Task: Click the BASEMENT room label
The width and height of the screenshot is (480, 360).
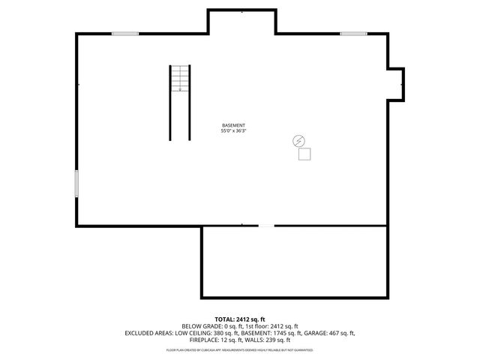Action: pyautogui.click(x=233, y=125)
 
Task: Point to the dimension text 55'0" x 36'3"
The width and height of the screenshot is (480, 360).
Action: pyautogui.click(x=233, y=131)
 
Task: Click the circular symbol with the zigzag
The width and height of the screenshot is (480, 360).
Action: pyautogui.click(x=299, y=140)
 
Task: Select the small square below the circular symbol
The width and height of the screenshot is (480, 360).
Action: pyautogui.click(x=304, y=154)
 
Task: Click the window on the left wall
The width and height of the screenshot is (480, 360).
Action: pyautogui.click(x=76, y=183)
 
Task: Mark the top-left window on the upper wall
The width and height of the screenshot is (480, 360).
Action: pyautogui.click(x=125, y=33)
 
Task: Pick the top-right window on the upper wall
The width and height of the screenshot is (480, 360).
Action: pyautogui.click(x=352, y=33)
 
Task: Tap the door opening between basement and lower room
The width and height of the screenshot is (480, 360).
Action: pyautogui.click(x=266, y=226)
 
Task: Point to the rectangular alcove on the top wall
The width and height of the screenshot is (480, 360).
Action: pyautogui.click(x=241, y=21)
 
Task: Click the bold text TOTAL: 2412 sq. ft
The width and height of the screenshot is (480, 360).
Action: pyautogui.click(x=240, y=319)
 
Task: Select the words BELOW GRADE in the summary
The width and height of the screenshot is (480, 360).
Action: pyautogui.click(x=201, y=326)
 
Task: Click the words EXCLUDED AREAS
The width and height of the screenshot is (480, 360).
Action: pyautogui.click(x=149, y=333)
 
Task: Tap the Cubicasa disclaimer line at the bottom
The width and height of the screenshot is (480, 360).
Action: pyautogui.click(x=240, y=349)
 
